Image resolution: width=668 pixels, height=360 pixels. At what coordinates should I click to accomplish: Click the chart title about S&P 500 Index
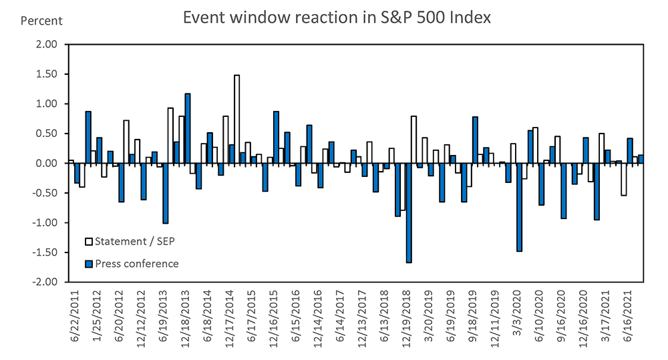click(x=337, y=18)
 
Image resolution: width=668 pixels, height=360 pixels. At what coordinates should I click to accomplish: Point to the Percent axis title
click(x=41, y=21)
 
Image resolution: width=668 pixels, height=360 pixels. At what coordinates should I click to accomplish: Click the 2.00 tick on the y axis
click(x=49, y=45)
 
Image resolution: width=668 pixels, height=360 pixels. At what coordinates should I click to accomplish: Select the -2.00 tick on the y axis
click(x=47, y=282)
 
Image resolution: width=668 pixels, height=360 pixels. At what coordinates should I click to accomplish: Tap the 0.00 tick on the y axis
click(x=49, y=164)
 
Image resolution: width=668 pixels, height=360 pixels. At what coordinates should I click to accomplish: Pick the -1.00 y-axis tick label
click(x=47, y=223)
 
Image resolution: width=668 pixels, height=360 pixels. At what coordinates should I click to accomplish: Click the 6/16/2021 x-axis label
click(x=628, y=316)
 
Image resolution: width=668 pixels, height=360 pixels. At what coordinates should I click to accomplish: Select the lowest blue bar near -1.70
click(x=408, y=213)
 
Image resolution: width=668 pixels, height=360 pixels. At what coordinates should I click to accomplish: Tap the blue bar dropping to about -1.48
click(x=519, y=207)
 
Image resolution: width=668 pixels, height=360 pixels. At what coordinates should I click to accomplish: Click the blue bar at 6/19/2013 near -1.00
click(x=165, y=194)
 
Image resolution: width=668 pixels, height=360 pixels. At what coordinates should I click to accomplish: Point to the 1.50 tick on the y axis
click(x=49, y=74)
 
